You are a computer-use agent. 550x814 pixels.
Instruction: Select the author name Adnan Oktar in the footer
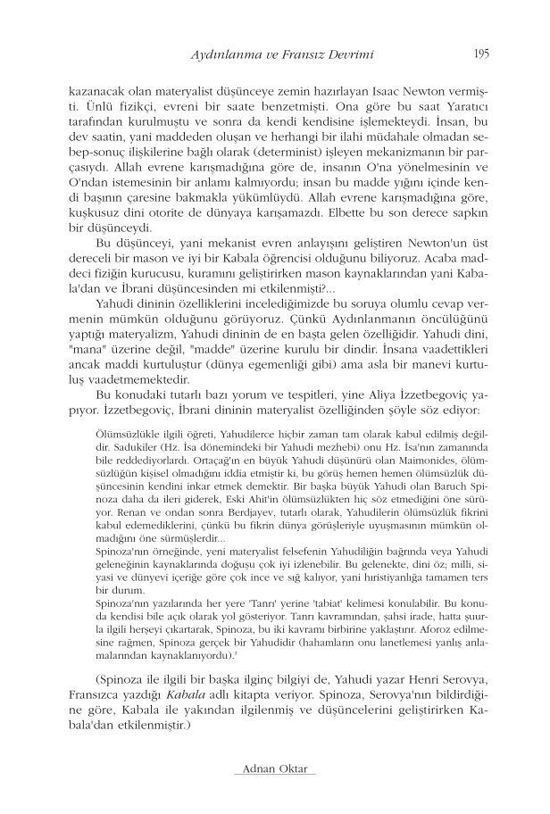[x=274, y=768]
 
